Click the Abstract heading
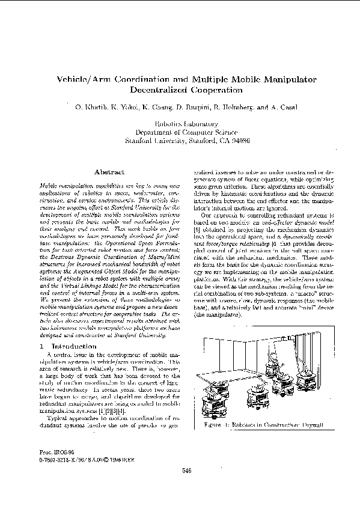click(109, 172)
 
